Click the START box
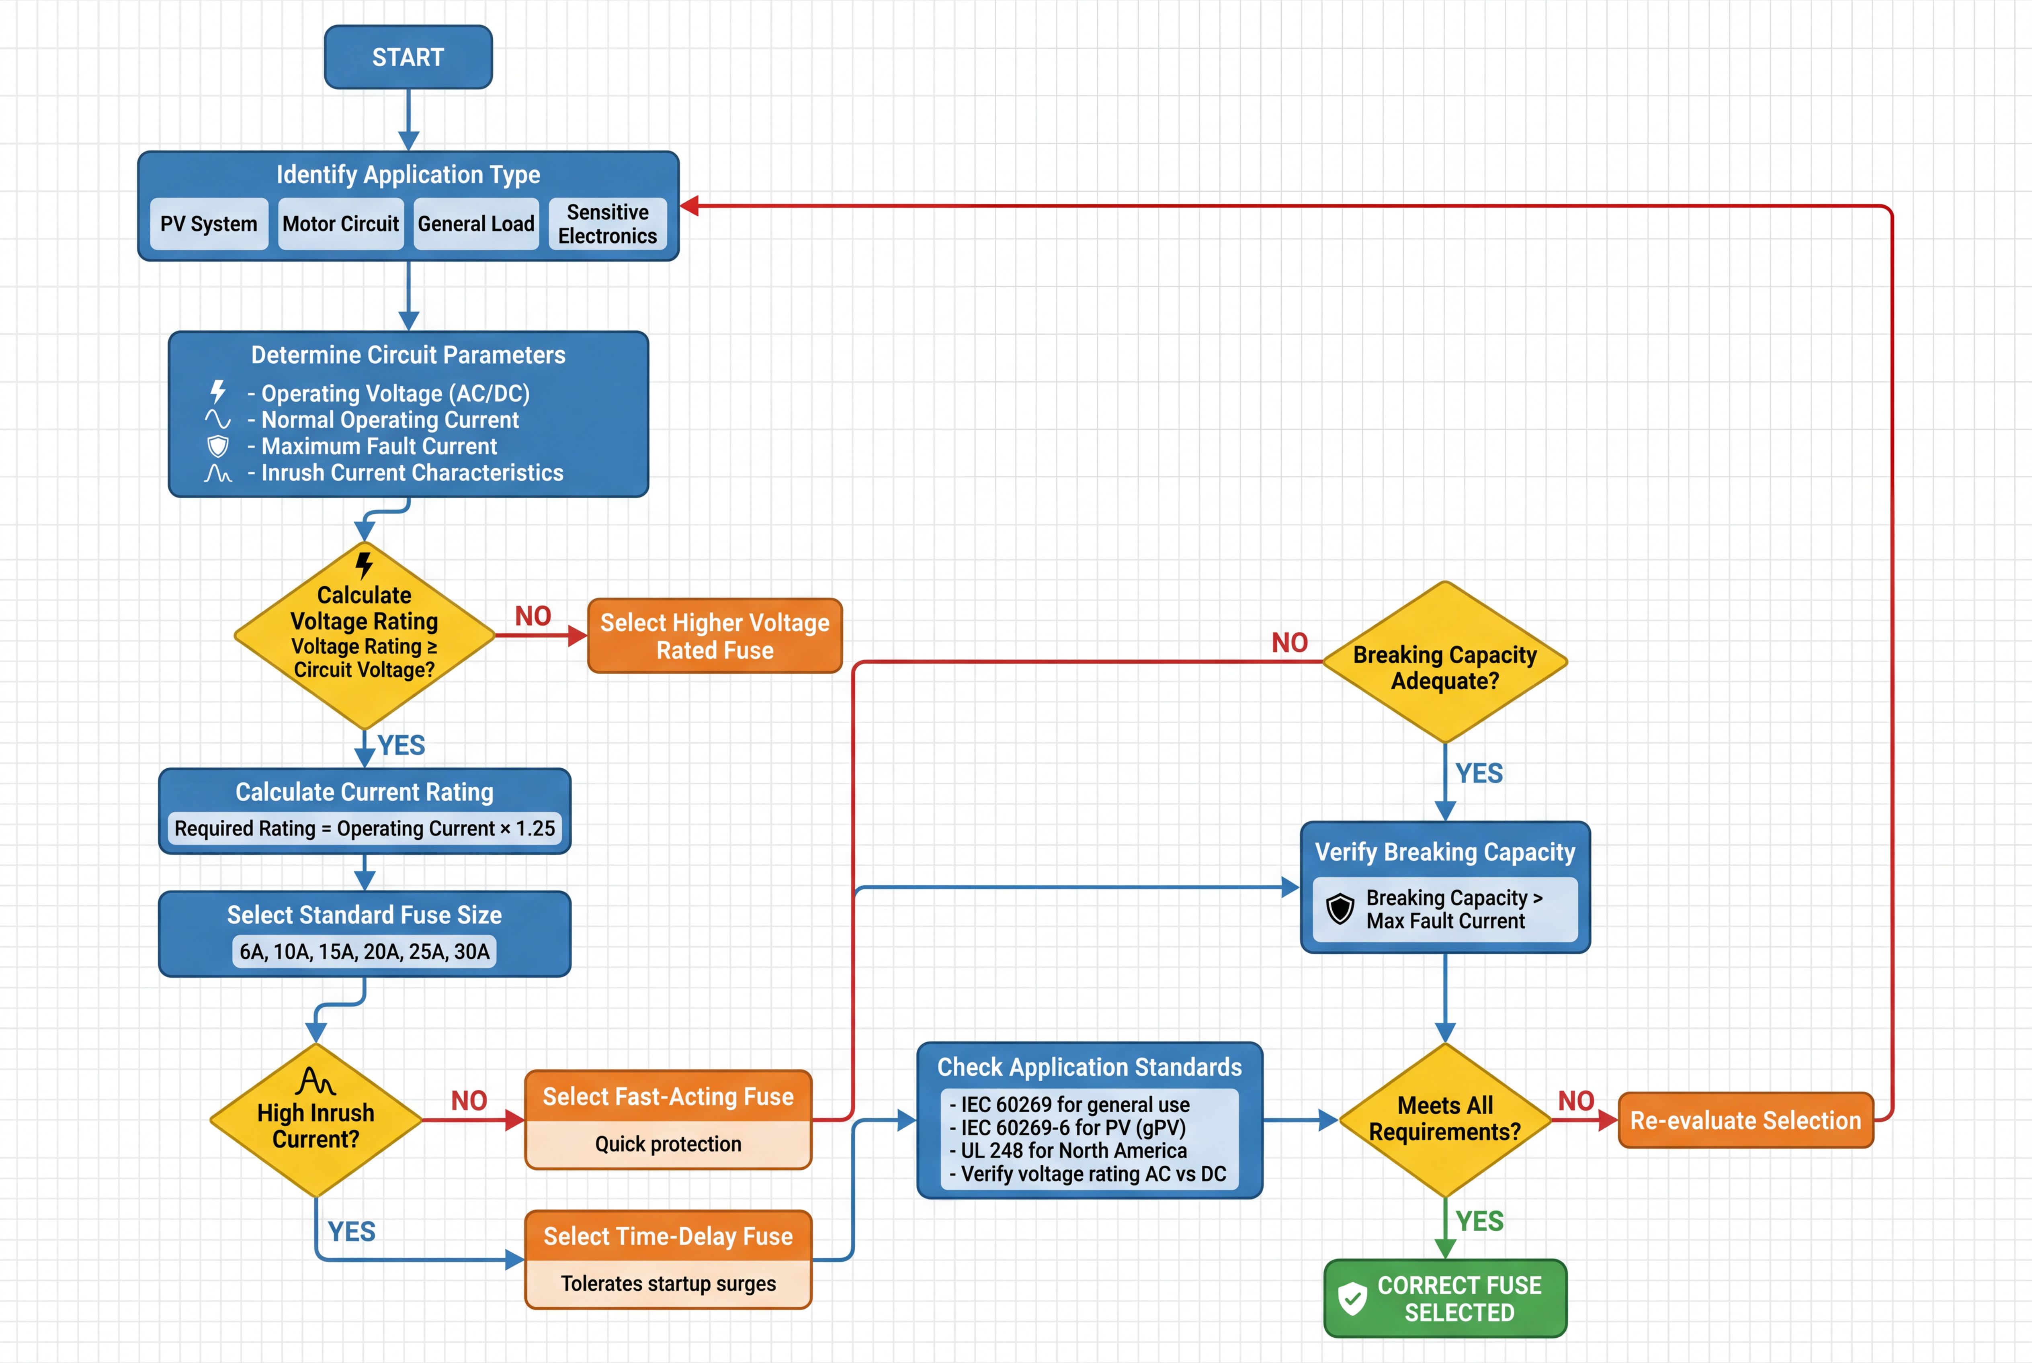click(408, 57)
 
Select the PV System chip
click(209, 224)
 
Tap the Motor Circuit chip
click(341, 224)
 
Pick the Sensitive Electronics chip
click(608, 224)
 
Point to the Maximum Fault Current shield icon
click(217, 447)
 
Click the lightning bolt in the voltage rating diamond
click(364, 565)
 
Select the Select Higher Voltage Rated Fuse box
click(715, 636)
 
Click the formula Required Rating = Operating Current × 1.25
click(364, 829)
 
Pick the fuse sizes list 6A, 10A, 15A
click(364, 952)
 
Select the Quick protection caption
click(668, 1144)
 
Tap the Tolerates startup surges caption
click(668, 1284)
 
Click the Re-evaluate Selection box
click(1745, 1120)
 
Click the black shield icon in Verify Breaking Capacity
click(1340, 909)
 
